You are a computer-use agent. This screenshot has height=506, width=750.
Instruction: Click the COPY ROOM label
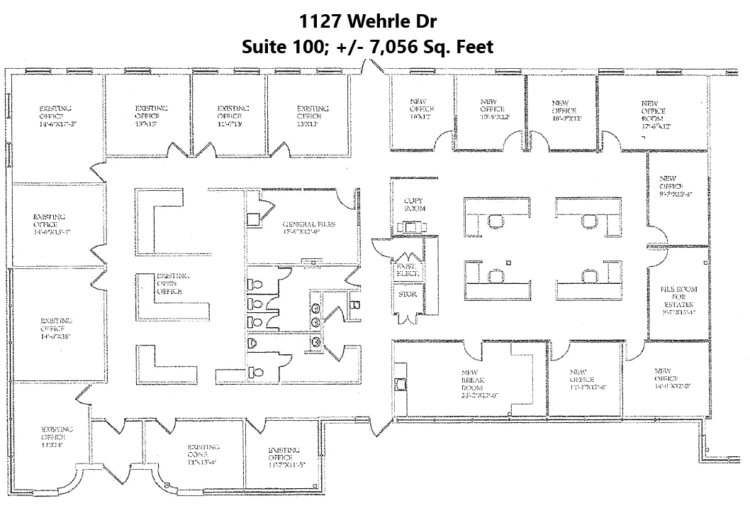tap(413, 205)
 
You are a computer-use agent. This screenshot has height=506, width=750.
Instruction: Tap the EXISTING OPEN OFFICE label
tap(169, 284)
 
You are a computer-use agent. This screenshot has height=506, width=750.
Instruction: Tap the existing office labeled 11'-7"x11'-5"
tap(284, 458)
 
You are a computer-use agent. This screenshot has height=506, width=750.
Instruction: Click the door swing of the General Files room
tap(346, 201)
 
